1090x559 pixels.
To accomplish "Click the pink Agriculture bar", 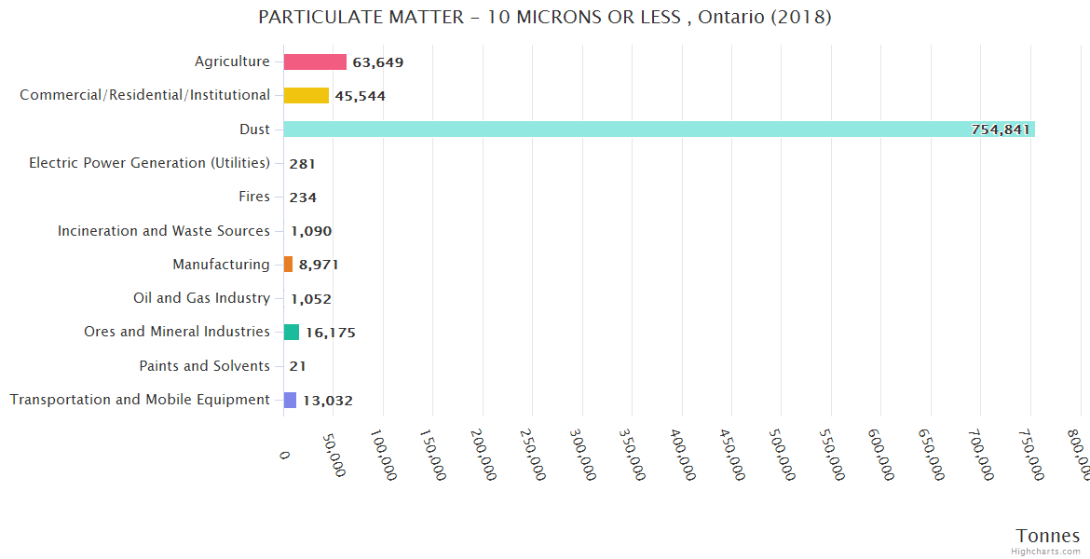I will [315, 62].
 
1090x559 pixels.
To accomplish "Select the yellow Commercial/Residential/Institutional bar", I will [307, 96].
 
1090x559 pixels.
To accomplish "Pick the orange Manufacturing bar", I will [289, 265].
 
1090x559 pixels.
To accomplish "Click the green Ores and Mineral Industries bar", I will [292, 332].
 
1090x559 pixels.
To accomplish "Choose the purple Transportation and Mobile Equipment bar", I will [291, 400].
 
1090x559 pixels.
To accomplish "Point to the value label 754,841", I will [1001, 130].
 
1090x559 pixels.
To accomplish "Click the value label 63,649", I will [377, 62].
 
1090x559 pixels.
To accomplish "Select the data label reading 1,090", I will [311, 231].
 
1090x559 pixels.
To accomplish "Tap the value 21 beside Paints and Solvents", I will [297, 366].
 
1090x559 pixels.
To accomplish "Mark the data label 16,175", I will [331, 333].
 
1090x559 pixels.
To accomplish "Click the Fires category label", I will [254, 197].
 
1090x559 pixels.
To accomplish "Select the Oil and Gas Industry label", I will [201, 298].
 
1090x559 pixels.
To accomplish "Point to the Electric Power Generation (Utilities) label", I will [149, 163].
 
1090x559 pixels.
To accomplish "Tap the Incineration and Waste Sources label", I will [164, 231].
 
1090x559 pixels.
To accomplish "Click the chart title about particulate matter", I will [545, 17].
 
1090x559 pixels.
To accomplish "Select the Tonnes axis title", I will [1048, 536].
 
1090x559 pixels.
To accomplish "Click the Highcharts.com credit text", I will [1046, 552].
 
